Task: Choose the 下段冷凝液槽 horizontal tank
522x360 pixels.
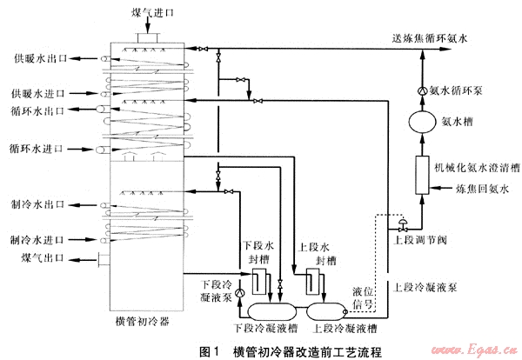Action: click(271, 310)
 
